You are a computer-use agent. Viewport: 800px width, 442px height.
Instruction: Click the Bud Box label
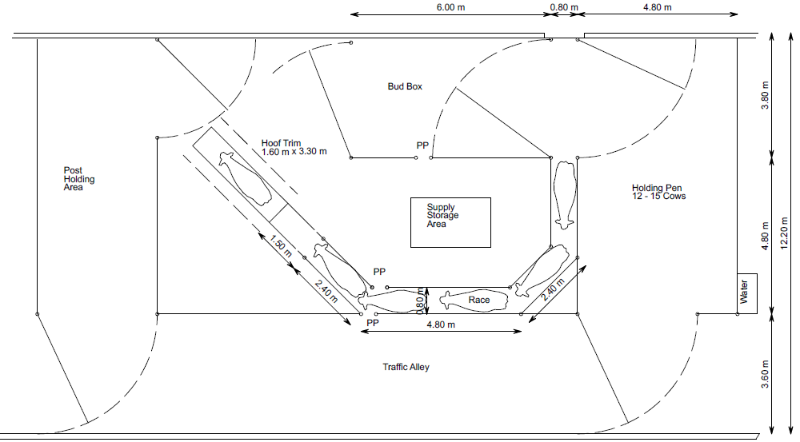point(405,86)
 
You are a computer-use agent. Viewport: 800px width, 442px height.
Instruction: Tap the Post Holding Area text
point(78,179)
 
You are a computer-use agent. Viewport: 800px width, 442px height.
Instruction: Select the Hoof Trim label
point(281,143)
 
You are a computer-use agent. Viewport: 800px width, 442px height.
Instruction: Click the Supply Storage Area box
point(450,222)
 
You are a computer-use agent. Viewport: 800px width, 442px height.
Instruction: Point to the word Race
point(479,301)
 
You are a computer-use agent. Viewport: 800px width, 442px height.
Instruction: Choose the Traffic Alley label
point(406,367)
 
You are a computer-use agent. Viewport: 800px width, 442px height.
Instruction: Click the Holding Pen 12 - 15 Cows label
point(658,192)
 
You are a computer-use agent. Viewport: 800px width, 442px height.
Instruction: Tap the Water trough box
point(747,293)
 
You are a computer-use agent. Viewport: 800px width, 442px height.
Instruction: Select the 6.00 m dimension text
point(450,8)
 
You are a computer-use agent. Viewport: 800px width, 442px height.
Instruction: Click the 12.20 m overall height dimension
point(785,233)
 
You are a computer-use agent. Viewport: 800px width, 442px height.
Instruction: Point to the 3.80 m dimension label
point(766,96)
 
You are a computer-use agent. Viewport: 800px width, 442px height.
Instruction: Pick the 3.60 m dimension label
point(766,374)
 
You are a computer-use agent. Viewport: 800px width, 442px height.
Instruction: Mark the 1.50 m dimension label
point(280,245)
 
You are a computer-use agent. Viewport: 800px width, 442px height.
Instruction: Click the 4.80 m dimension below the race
point(441,325)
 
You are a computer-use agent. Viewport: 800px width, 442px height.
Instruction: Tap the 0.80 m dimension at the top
point(564,8)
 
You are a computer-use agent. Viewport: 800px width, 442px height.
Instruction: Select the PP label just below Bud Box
point(422,145)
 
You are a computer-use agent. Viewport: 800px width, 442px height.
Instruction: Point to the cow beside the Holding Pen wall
point(565,195)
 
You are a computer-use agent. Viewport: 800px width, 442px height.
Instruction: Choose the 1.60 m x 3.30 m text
point(294,152)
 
